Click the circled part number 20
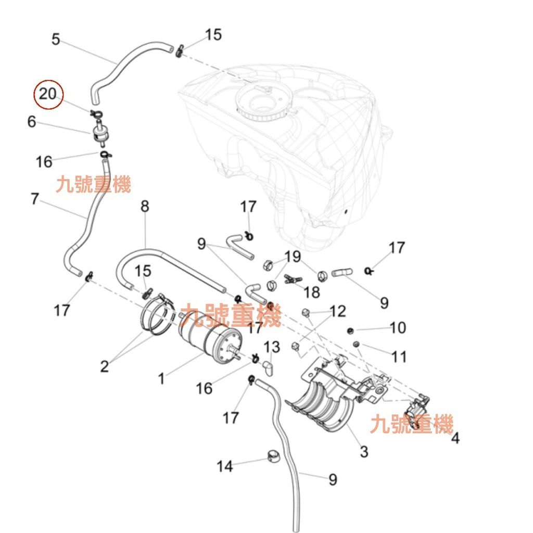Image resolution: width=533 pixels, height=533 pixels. point(47,94)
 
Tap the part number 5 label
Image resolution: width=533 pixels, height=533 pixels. point(56,39)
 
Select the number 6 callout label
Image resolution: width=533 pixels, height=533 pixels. point(32,122)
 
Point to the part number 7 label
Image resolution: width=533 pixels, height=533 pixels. point(35,199)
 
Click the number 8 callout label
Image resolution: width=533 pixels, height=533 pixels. point(145,206)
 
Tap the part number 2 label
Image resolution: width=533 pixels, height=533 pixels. point(105,366)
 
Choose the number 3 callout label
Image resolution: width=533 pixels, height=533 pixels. point(364,451)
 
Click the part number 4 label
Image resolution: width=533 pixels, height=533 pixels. point(455,438)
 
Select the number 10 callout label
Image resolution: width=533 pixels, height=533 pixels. point(398,327)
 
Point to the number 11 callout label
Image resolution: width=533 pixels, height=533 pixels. point(399,357)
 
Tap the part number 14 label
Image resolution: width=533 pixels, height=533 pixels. point(225,466)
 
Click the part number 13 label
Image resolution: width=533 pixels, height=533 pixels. point(272,347)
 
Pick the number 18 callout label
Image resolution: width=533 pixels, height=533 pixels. point(312,292)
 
